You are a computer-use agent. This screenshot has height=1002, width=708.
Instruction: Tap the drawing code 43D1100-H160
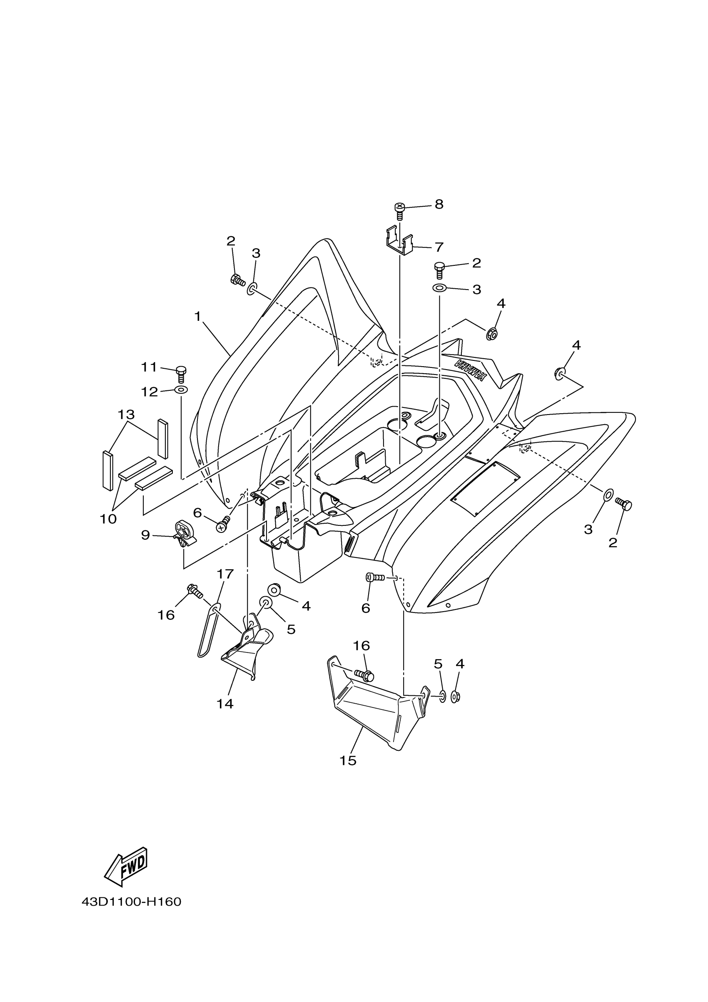pos(131,901)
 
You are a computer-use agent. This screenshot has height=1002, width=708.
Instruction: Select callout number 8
pos(439,204)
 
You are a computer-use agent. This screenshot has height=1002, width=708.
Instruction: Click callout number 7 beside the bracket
pos(439,247)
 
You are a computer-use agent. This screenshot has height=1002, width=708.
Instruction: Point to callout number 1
pos(197,316)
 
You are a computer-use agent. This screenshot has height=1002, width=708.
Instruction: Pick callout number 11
pos(149,367)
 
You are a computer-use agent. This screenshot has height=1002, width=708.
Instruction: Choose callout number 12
pos(149,392)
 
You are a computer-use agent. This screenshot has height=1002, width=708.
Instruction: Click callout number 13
pos(126,414)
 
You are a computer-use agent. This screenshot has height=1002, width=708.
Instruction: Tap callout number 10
pos(108,519)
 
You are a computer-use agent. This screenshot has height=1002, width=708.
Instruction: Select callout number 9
pos(145,535)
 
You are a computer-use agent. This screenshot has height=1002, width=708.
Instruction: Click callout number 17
pos(225,573)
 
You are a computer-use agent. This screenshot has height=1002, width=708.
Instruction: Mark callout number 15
pos(348,761)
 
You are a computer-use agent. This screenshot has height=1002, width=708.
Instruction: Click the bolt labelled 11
pos(182,375)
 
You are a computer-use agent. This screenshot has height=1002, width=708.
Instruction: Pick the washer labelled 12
pos(181,389)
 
